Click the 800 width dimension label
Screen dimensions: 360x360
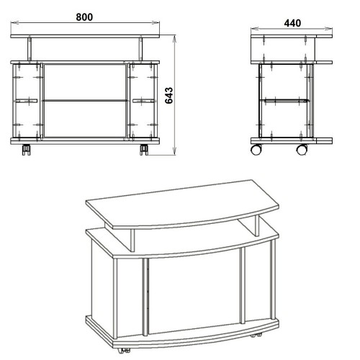pyautogui.click(x=84, y=17)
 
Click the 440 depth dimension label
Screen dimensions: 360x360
pyautogui.click(x=292, y=23)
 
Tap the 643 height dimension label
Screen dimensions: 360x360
pyautogui.click(x=169, y=95)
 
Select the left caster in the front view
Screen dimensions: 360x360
pyautogui.click(x=26, y=150)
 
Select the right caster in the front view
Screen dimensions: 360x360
pyautogui.click(x=144, y=150)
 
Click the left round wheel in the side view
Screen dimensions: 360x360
pyautogui.click(x=256, y=150)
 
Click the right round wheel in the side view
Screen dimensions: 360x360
pyautogui.click(x=302, y=150)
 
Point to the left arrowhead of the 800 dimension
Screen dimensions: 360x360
pyautogui.click(x=14, y=22)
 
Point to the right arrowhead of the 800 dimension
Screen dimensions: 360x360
pyautogui.click(x=156, y=22)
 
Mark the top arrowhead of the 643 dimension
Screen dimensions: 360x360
pyautogui.click(x=175, y=39)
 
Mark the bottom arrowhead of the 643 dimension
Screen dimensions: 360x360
pyautogui.click(x=175, y=151)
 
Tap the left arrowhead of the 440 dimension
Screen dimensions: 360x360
pyautogui.click(x=255, y=29)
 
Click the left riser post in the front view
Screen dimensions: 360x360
pyautogui.click(x=30, y=49)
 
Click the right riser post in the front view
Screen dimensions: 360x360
pyautogui.click(x=140, y=49)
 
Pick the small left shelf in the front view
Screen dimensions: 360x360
pyautogui.click(x=25, y=101)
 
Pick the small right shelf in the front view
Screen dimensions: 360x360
pyautogui.click(x=144, y=101)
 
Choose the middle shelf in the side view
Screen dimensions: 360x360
pyautogui.click(x=284, y=101)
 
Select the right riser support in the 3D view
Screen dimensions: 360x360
pyautogui.click(x=250, y=225)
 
